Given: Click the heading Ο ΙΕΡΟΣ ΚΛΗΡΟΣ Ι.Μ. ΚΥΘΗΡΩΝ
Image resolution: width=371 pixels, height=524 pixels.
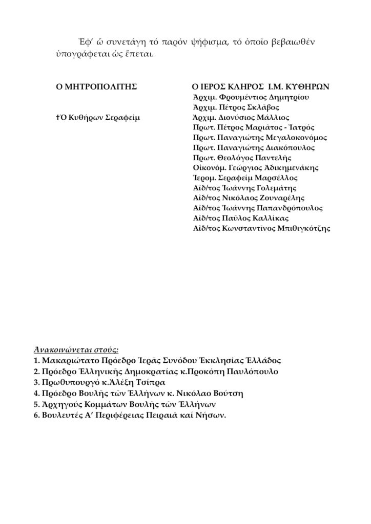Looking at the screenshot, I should point(260,86).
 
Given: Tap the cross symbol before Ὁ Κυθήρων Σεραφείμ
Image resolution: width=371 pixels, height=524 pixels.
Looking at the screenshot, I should point(59,117).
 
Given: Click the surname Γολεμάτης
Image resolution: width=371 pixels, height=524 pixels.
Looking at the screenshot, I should point(282,188).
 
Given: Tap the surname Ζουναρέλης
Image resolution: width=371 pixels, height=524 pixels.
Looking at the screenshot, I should point(290,198).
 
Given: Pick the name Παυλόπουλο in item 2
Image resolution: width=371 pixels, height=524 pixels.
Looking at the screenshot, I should point(251,372).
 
